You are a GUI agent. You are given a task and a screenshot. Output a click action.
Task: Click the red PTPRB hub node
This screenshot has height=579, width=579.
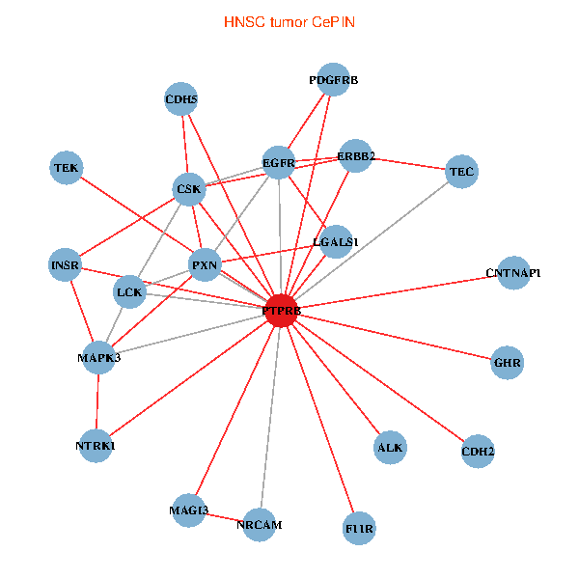(281, 311)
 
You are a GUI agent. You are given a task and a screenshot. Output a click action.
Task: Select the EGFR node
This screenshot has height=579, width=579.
(279, 163)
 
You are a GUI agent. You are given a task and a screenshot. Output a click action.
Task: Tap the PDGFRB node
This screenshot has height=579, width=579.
(333, 81)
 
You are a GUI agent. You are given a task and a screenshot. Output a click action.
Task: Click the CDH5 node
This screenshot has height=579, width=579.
(181, 98)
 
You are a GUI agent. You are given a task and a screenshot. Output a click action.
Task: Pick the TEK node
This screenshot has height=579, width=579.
(67, 169)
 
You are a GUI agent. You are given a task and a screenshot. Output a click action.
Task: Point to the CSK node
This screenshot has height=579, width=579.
(189, 189)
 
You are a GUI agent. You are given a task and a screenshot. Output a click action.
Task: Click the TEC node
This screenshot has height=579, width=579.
(462, 172)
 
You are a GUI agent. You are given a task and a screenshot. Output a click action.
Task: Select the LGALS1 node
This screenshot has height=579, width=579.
(336, 242)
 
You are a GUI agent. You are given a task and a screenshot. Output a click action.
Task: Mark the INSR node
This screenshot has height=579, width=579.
(66, 265)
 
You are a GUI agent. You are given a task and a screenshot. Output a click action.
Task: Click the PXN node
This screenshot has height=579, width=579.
(205, 264)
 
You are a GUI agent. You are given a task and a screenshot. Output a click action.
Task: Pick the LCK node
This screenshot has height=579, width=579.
(130, 290)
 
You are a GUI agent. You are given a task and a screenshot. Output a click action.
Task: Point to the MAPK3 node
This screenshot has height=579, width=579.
(99, 358)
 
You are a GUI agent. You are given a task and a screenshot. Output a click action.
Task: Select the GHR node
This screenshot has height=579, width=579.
(508, 364)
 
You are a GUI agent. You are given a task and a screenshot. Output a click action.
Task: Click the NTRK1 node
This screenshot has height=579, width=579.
(96, 446)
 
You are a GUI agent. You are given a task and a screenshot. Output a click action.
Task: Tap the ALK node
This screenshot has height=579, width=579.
(390, 448)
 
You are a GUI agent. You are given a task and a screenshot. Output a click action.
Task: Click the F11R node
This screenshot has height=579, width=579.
(359, 529)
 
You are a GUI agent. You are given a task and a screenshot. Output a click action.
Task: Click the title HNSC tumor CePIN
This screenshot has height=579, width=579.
(289, 21)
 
